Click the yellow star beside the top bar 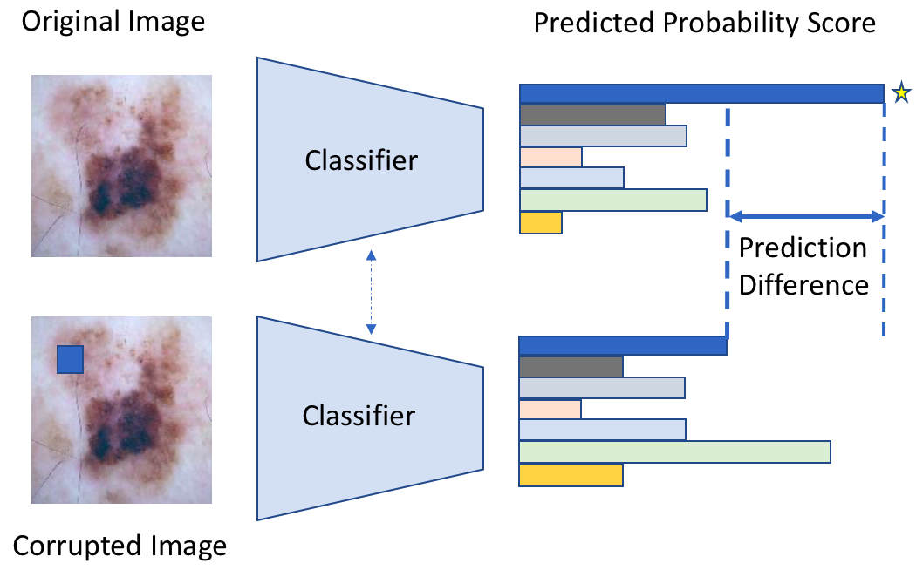(900, 92)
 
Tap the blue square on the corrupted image (70, 359)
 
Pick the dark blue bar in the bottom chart (622, 345)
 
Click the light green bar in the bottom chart (674, 451)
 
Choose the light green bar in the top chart (612, 200)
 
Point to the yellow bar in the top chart (541, 223)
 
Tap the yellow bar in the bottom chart (571, 475)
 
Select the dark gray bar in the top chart (592, 115)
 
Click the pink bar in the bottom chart (550, 409)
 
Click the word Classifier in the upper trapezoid (361, 160)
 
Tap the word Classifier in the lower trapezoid (359, 416)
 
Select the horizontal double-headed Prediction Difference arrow (806, 215)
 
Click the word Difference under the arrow (803, 285)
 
